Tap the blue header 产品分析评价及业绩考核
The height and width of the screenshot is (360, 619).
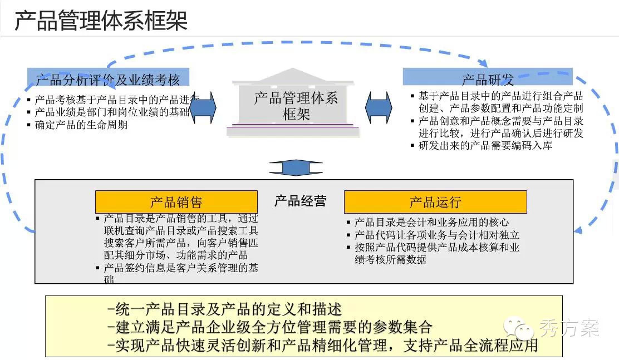(x=108, y=79)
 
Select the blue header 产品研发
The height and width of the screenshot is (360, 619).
(x=488, y=79)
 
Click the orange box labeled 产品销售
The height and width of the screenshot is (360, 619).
(x=176, y=201)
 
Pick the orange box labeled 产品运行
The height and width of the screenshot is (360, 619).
(x=435, y=201)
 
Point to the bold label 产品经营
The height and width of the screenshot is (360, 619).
(x=301, y=201)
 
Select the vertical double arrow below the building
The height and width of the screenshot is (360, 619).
(x=295, y=167)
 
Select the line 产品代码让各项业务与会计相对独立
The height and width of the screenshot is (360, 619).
(x=437, y=235)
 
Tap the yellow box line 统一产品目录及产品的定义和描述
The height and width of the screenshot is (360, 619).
(x=225, y=309)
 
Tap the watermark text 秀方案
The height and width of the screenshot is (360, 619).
(x=569, y=328)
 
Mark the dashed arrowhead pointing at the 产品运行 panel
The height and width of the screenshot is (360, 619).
(x=579, y=229)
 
